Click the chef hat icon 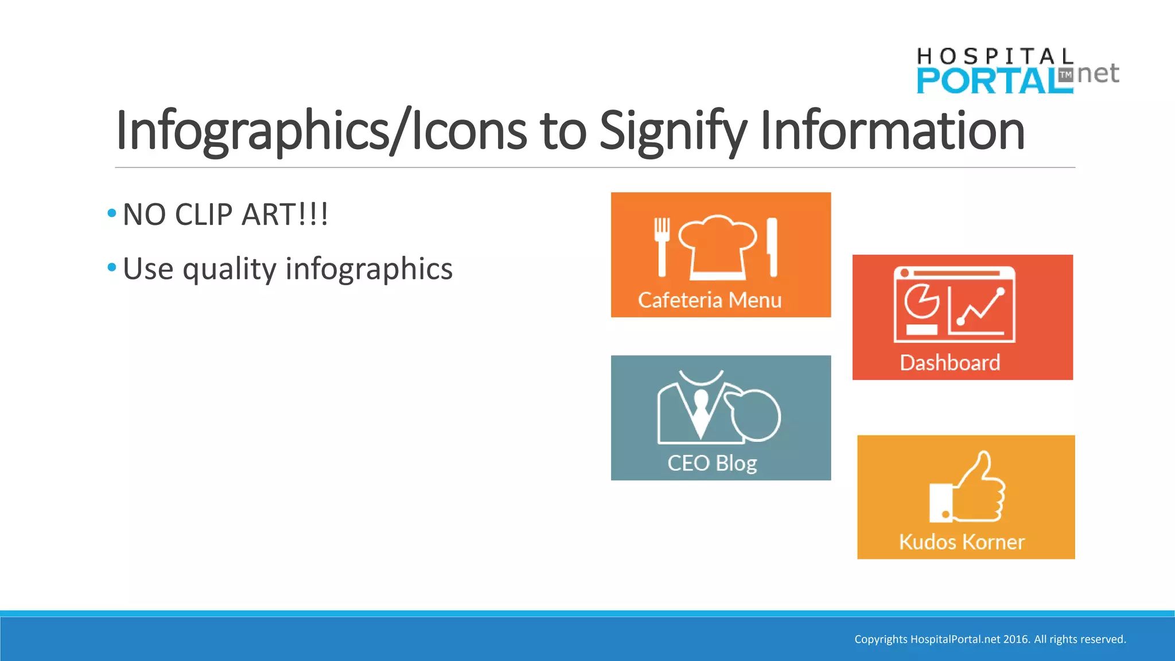pyautogui.click(x=718, y=247)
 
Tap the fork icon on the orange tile pyautogui.click(x=662, y=247)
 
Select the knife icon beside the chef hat pyautogui.click(x=772, y=247)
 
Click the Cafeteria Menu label pyautogui.click(x=710, y=300)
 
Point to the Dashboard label pyautogui.click(x=950, y=363)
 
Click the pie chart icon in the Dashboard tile pyautogui.click(x=921, y=301)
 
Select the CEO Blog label pyautogui.click(x=712, y=463)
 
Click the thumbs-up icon pyautogui.click(x=968, y=488)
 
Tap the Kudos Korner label pyautogui.click(x=962, y=542)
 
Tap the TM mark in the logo pyautogui.click(x=1065, y=75)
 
